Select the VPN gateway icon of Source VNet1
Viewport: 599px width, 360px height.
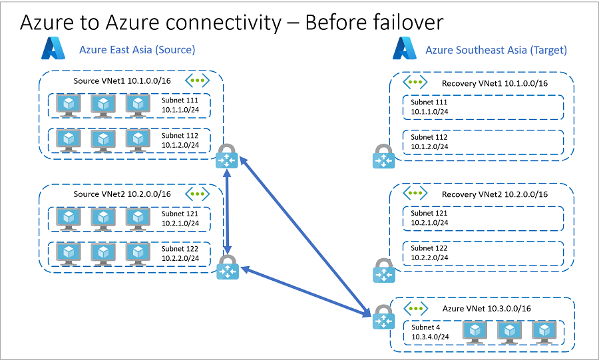[227, 158]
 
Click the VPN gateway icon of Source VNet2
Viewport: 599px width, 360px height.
[227, 267]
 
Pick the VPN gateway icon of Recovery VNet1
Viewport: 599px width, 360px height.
[383, 158]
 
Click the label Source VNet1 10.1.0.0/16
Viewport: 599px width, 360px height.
[122, 81]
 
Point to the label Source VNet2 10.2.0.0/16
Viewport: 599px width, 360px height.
[122, 194]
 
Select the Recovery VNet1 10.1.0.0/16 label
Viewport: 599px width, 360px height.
[495, 83]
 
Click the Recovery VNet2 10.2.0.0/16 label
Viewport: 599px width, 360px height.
[495, 194]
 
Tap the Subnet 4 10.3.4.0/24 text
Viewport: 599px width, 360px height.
[429, 331]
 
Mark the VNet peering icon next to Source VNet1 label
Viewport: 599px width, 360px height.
[198, 81]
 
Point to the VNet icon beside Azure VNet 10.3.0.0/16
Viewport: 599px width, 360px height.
[415, 308]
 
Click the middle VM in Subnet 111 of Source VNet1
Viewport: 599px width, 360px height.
[103, 104]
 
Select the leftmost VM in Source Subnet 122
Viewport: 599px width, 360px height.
[69, 253]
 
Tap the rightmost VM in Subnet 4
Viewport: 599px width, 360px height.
[544, 331]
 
